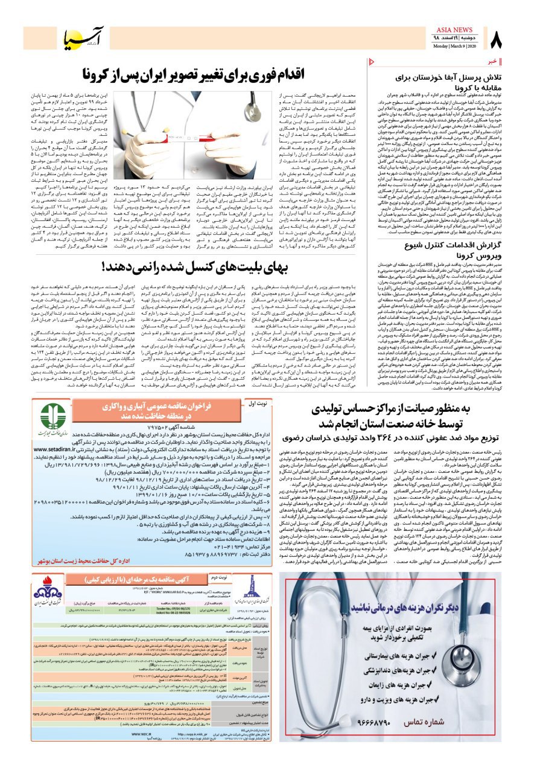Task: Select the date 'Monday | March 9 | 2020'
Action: [x=456, y=47]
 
